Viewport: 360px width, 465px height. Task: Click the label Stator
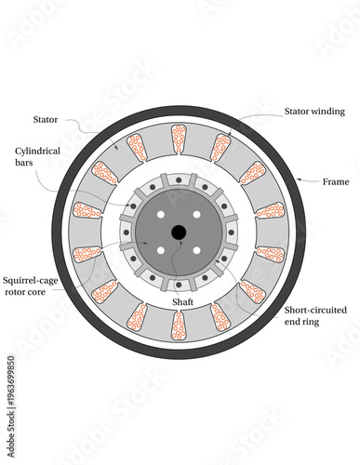(x=46, y=119)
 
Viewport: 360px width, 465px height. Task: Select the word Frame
(x=334, y=181)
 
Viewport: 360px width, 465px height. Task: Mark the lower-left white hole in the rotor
(x=162, y=249)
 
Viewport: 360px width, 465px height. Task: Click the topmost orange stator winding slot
(x=180, y=139)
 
